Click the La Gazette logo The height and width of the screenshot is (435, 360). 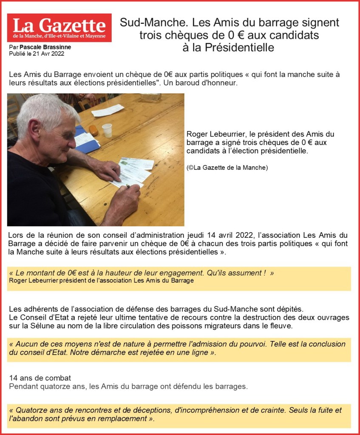[x=59, y=28]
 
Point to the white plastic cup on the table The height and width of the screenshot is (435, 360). [x=107, y=130]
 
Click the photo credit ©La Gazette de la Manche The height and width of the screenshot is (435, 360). [x=227, y=168]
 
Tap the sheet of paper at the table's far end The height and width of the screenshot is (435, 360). [x=108, y=111]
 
